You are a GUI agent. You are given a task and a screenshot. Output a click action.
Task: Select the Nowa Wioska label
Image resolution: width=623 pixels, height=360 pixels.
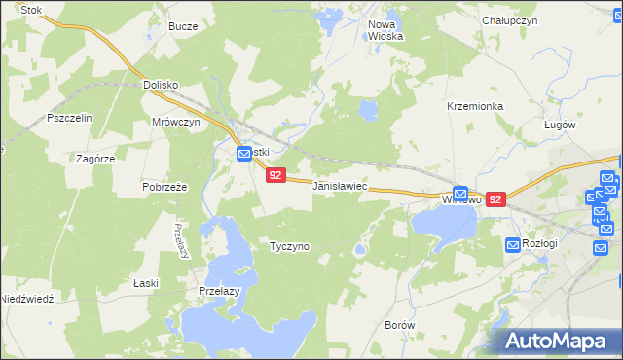[x=385, y=29]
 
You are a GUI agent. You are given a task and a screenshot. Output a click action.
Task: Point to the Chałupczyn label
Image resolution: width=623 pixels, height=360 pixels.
[x=510, y=19]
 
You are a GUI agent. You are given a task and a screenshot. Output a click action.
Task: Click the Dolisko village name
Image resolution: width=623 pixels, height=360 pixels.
[x=161, y=85]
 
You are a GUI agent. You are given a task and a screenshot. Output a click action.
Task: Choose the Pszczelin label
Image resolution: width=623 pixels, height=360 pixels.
[x=69, y=118]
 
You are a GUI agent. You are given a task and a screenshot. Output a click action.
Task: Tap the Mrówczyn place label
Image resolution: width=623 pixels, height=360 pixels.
[x=176, y=122]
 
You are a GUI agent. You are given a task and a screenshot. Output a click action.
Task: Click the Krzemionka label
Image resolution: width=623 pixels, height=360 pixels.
[x=474, y=105]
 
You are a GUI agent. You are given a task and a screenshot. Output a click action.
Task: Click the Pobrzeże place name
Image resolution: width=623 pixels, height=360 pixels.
[x=165, y=186]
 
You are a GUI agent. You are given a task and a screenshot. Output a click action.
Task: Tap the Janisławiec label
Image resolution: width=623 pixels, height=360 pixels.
[x=339, y=185]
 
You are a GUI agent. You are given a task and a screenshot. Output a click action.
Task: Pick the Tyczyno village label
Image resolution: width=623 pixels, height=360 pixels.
[x=289, y=246]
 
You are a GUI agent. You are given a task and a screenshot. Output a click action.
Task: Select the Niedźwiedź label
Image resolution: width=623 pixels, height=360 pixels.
[x=26, y=299]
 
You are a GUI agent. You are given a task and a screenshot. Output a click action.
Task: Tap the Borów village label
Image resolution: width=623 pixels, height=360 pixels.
[x=400, y=324]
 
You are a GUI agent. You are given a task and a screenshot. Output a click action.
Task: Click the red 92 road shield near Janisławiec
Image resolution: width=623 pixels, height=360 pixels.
[x=275, y=176]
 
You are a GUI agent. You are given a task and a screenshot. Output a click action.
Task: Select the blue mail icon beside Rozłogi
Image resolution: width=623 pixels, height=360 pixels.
[x=512, y=244]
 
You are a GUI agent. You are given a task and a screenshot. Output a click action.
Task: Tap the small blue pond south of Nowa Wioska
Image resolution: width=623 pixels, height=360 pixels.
[x=368, y=110]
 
